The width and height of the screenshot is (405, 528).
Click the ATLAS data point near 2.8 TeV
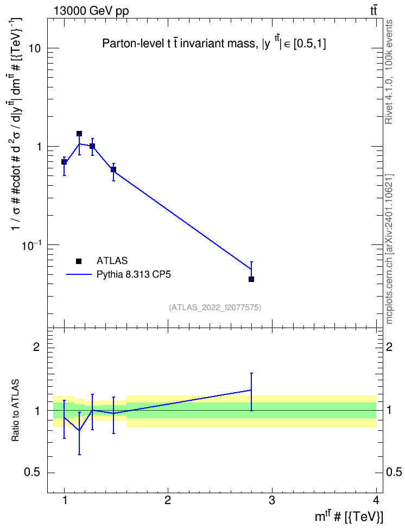[251, 279]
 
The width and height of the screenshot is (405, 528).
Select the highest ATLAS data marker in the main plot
[79, 134]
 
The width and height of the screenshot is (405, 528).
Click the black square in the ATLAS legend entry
[79, 261]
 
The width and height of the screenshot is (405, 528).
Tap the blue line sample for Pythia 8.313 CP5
[79, 274]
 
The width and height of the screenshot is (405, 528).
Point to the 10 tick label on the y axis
[34, 48]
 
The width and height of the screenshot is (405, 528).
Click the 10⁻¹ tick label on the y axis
[31, 245]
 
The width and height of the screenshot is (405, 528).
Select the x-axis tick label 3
[271, 500]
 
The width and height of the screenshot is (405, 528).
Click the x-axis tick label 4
[376, 500]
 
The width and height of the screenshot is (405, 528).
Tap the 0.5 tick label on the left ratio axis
[32, 473]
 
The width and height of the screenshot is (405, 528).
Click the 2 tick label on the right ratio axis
[389, 347]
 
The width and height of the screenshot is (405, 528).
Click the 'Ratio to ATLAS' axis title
[15, 411]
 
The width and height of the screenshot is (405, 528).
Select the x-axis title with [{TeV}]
[349, 517]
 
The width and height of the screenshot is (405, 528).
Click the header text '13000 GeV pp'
[91, 11]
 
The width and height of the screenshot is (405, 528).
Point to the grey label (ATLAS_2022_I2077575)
[215, 307]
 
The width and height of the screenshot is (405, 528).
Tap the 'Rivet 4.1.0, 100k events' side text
[389, 72]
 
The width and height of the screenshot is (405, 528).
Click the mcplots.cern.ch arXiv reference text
[389, 249]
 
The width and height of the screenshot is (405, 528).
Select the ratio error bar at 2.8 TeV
[251, 392]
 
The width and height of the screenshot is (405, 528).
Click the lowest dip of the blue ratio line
[79, 430]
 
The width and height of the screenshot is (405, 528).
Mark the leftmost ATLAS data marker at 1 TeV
[64, 162]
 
